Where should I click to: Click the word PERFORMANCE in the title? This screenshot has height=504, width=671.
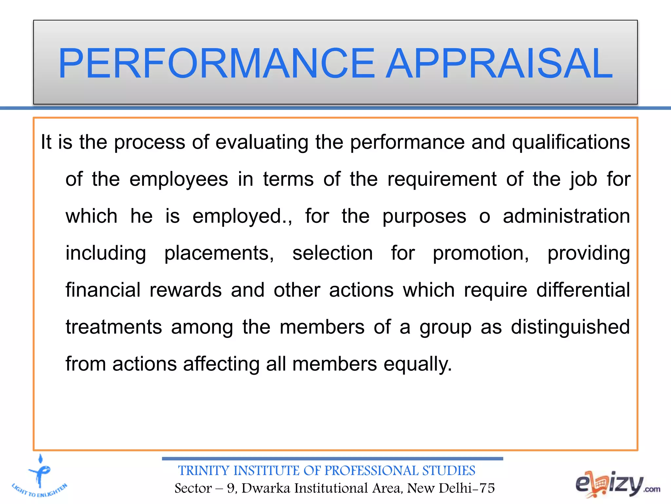click(216, 63)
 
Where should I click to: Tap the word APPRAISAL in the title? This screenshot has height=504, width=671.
click(499, 63)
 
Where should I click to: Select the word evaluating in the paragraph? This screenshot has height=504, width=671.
click(262, 142)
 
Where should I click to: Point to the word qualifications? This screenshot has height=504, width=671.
click(571, 142)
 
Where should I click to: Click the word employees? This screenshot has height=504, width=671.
click(179, 180)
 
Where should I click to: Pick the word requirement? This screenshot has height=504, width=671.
click(442, 179)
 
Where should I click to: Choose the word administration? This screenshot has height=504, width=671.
click(566, 216)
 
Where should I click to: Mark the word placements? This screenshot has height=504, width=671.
click(219, 254)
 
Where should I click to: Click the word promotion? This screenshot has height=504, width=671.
click(481, 254)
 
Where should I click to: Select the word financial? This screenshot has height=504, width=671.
click(103, 290)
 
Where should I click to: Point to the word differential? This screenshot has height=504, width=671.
click(583, 290)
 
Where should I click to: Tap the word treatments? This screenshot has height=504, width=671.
click(114, 327)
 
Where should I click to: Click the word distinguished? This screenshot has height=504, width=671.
click(570, 327)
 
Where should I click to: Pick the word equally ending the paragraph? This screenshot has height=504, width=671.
click(417, 365)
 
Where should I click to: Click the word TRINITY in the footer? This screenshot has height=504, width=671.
click(203, 471)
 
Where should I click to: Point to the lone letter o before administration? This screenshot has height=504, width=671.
click(485, 217)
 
